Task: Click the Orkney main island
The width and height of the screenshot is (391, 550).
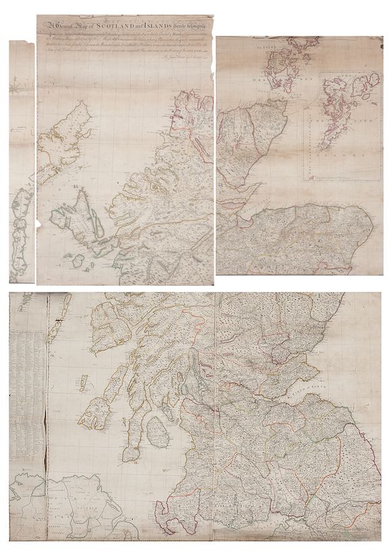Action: pos(276,64)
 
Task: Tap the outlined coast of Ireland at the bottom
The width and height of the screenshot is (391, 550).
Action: pos(74,506)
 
